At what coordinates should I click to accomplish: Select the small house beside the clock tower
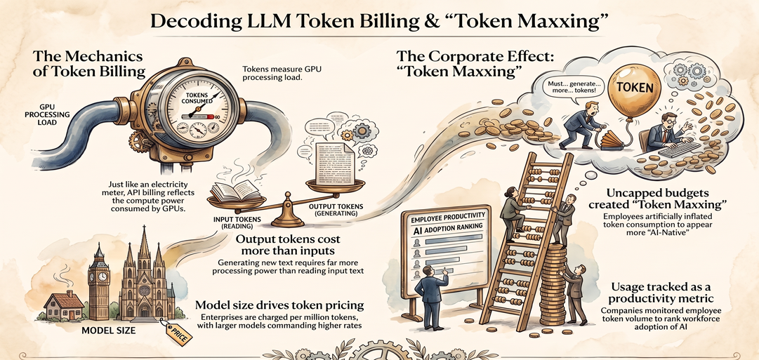64,306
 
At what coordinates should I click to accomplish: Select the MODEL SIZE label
108,331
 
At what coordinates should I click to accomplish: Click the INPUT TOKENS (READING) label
237,222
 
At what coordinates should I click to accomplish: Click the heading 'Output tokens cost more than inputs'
288,246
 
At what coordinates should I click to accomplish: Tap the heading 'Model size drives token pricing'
279,305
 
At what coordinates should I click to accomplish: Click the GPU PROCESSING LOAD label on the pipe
54,114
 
